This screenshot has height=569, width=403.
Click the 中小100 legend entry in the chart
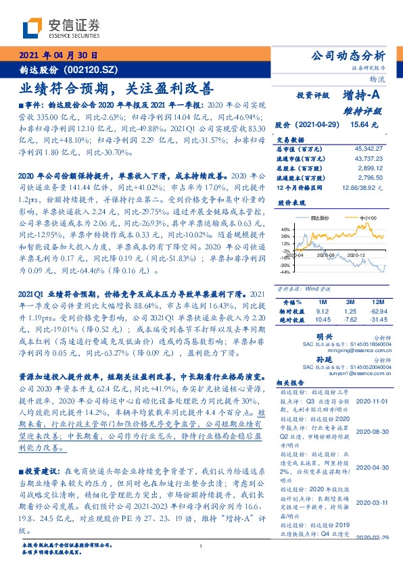pyautogui.click(x=368, y=218)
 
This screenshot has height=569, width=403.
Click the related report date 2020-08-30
pyautogui.click(x=371, y=430)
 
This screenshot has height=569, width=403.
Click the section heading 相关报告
pyautogui.click(x=291, y=382)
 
